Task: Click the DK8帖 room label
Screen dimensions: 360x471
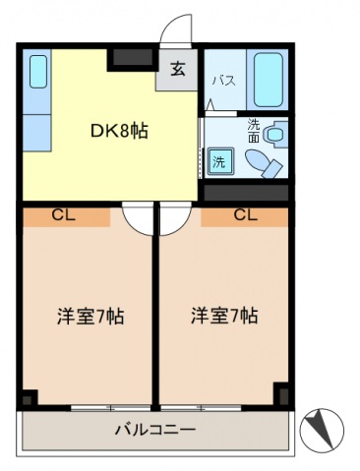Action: click(x=119, y=132)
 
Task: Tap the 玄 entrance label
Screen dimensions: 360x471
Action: click(x=178, y=69)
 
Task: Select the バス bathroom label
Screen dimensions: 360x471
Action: click(x=224, y=81)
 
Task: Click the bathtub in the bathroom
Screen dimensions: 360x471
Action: click(x=269, y=80)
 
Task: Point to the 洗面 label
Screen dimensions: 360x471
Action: click(x=253, y=131)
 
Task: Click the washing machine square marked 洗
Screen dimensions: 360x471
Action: click(x=220, y=161)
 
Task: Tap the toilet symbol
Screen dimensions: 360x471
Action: click(x=264, y=163)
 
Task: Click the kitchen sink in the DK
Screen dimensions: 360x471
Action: click(x=38, y=72)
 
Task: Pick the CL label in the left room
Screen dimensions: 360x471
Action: click(x=64, y=215)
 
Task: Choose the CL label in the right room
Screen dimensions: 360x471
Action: click(x=246, y=215)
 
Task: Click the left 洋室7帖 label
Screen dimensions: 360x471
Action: click(x=90, y=316)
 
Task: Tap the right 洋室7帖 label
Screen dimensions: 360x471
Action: click(x=224, y=316)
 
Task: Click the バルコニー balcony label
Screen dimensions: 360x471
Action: click(x=155, y=429)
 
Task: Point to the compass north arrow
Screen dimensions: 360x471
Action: click(x=320, y=428)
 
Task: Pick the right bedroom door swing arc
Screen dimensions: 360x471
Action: click(x=180, y=226)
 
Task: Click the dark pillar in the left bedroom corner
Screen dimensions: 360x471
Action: click(x=28, y=398)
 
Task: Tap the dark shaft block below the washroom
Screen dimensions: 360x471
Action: click(x=246, y=193)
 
